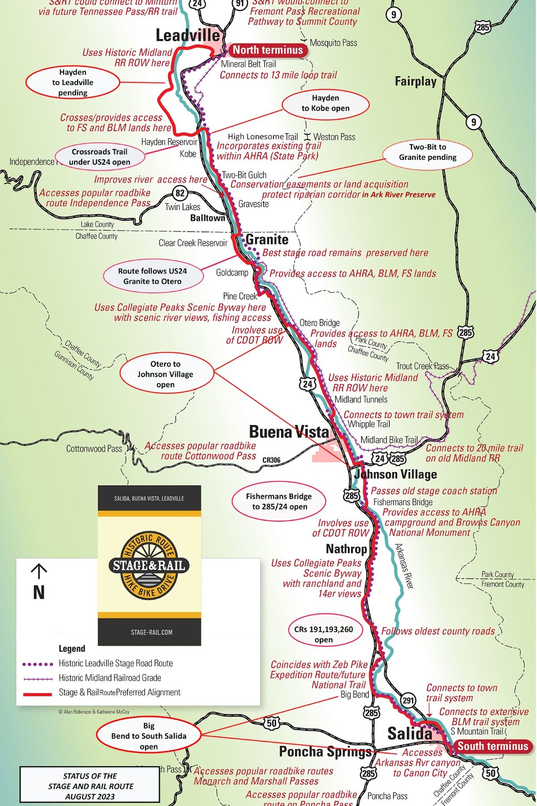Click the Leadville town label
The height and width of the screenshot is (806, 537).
tap(188, 35)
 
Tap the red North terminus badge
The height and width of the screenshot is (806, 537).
tap(268, 50)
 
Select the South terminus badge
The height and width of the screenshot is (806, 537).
tap(493, 746)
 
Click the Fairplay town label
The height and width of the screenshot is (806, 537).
tap(415, 81)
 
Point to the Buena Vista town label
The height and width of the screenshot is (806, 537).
tap(289, 432)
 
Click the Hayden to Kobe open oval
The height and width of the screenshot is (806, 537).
tap(325, 103)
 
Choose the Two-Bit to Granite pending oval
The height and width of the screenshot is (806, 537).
tap(427, 152)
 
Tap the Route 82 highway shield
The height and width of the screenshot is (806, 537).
tap(180, 193)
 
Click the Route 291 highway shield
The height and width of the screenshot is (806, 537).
tap(408, 700)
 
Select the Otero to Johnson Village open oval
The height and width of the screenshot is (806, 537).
tap(165, 374)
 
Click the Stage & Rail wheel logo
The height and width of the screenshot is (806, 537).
tap(149, 566)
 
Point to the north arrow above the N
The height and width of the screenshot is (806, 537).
tap(39, 572)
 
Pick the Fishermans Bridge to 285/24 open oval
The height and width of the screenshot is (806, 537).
tap(279, 502)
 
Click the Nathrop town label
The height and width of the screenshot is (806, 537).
tap(346, 549)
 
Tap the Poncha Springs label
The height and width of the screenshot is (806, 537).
tap(325, 752)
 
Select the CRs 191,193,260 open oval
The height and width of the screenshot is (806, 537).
tap(324, 635)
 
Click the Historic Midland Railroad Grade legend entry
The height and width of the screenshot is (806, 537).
tap(110, 678)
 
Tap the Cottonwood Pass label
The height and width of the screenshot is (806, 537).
tap(94, 449)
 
